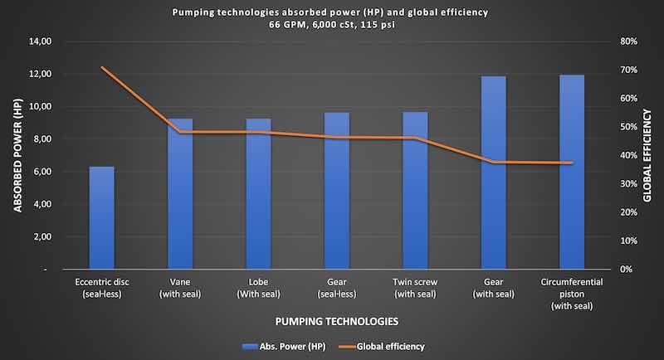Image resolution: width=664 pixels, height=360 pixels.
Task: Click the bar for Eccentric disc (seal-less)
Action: pyautogui.click(x=101, y=218)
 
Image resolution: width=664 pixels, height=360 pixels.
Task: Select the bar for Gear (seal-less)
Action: pyautogui.click(x=337, y=191)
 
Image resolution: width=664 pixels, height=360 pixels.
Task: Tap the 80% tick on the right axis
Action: pyautogui.click(x=627, y=41)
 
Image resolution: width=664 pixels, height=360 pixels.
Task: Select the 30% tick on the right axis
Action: pyautogui.click(x=627, y=184)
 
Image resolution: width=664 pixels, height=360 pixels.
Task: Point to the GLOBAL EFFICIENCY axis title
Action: pyautogui.click(x=648, y=155)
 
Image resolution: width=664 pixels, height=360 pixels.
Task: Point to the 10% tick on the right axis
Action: pyautogui.click(x=627, y=241)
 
